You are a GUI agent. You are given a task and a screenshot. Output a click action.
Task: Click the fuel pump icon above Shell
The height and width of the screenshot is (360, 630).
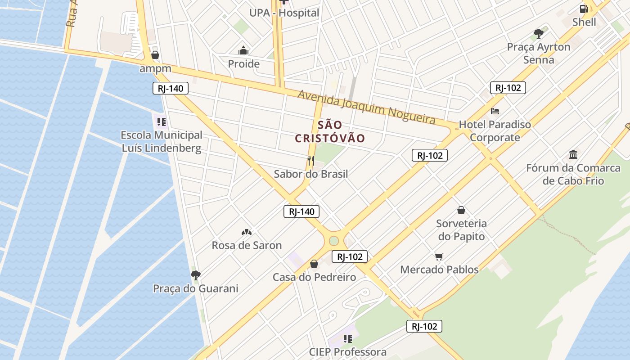point(584,9)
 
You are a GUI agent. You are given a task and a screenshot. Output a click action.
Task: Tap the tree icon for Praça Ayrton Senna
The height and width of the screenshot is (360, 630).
point(538,33)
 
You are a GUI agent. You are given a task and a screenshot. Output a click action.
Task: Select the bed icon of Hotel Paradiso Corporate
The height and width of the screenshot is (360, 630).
point(495,111)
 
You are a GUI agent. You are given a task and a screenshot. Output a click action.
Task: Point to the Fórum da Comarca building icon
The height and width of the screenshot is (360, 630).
point(573,155)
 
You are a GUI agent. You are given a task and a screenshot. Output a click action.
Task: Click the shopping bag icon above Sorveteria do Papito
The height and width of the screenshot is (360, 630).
point(461,210)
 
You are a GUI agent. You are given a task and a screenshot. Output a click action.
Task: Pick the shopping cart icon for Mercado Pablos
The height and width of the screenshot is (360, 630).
point(439,256)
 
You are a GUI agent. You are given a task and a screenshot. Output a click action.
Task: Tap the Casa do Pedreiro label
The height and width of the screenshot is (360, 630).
point(314,277)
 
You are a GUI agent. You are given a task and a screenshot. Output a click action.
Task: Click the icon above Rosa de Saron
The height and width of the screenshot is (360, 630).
point(246,232)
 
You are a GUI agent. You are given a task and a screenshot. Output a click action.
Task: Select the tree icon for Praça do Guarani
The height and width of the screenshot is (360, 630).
point(195,275)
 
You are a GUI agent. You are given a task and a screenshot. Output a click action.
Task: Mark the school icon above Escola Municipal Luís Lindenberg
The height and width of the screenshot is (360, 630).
point(162,121)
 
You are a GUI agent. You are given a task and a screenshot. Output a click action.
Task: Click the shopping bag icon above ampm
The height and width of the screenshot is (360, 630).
point(155,55)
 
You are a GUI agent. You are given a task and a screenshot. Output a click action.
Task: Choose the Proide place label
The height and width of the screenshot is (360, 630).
point(243,64)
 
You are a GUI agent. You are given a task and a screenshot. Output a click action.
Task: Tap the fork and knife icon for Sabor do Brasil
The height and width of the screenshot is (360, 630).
point(310,160)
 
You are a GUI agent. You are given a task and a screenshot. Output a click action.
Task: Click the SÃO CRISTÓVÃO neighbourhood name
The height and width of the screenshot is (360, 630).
point(329,131)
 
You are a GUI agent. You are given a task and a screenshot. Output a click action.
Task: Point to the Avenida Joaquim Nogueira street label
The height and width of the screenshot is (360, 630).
point(366,107)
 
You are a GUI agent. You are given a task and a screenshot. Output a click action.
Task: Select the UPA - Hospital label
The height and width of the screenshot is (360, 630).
point(284,13)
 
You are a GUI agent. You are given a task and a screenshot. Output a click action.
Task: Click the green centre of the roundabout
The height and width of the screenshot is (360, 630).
point(333,241)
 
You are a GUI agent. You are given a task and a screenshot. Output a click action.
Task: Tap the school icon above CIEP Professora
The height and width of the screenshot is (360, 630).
point(347,338)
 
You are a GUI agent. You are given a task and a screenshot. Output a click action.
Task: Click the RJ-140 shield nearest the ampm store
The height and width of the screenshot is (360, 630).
point(170,88)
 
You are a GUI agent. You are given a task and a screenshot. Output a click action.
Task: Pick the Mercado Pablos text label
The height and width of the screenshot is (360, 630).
point(439,270)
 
